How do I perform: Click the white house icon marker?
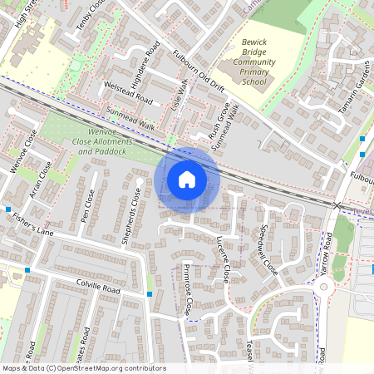pyautogui.click(x=187, y=180)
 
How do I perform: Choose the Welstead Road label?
pyautogui.click(x=128, y=93)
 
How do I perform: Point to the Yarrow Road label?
pyautogui.click(x=327, y=253)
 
